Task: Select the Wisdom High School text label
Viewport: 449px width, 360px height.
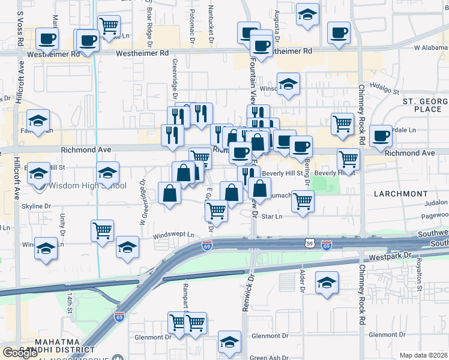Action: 88,185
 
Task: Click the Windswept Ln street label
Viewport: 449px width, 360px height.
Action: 173,236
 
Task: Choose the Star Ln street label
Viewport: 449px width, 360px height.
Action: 272,216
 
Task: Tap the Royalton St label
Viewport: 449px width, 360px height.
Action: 420,276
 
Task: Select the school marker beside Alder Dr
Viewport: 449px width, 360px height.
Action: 327,283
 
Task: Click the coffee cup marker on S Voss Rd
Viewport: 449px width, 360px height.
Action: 47,39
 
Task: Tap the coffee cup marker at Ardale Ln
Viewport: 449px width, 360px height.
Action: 381,136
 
